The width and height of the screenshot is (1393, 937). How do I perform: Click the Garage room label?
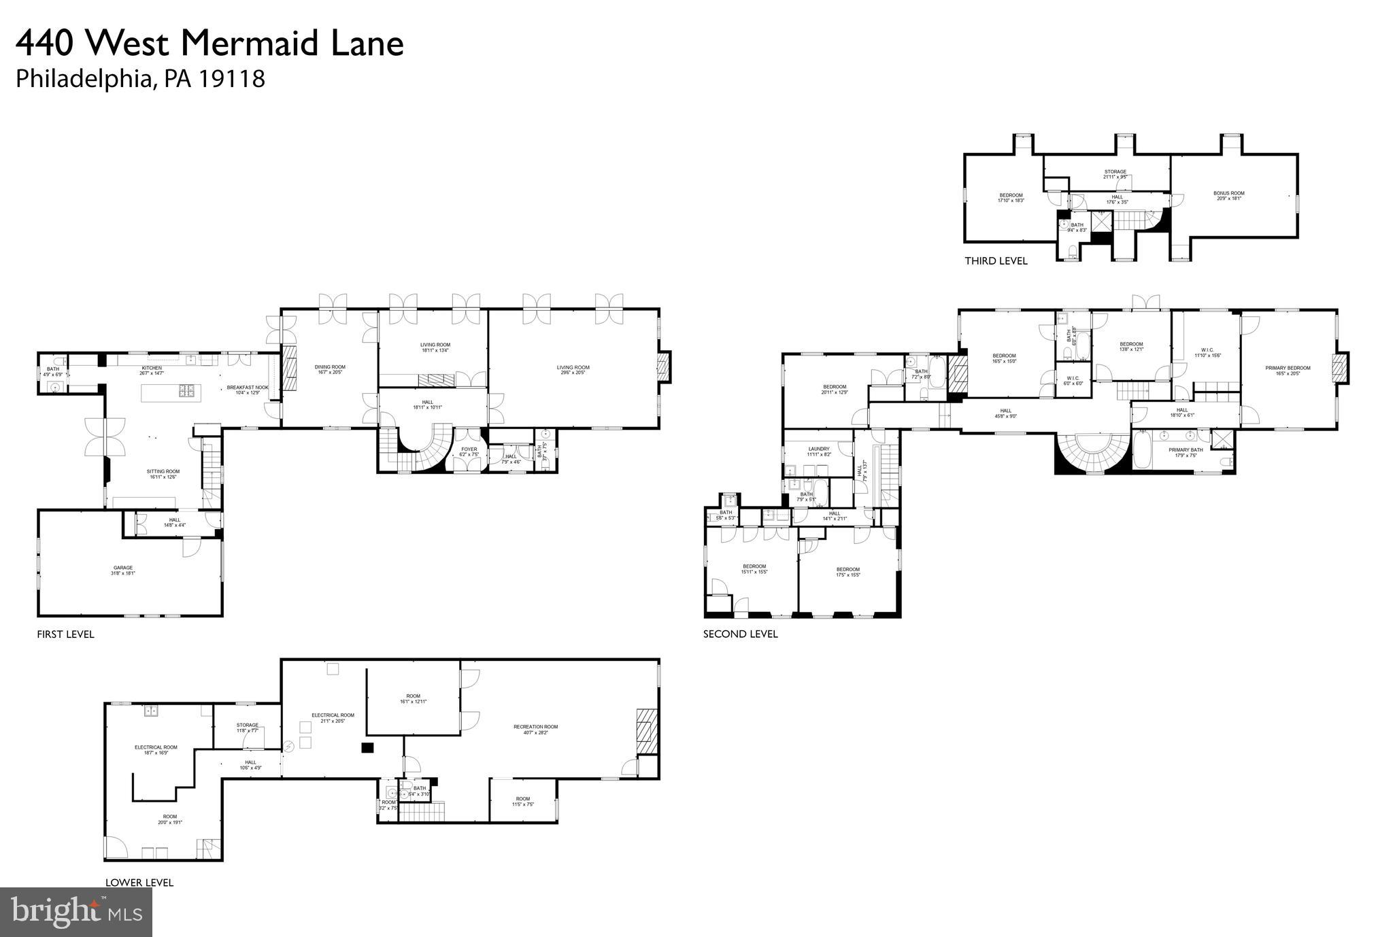pos(123,568)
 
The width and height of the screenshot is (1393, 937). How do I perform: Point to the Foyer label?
pos(469,449)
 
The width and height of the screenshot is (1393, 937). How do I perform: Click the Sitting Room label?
pos(163,471)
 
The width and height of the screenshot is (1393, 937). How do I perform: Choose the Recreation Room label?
pos(535,727)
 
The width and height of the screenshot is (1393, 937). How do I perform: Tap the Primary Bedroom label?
pos(1288,368)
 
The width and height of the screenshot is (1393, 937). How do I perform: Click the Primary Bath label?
pos(1186,450)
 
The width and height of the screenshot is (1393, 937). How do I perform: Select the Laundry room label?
pos(819,449)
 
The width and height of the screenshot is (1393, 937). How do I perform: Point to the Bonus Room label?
pos(1229,193)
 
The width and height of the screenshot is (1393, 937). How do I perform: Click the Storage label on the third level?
pos(1115,171)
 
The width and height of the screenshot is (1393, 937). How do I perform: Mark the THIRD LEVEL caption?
pos(996,261)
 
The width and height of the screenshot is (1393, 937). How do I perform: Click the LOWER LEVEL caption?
pos(139,883)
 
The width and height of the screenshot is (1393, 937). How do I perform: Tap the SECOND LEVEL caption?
pos(740,634)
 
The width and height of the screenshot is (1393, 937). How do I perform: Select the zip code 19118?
pos(232,79)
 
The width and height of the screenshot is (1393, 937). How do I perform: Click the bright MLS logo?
pos(75,911)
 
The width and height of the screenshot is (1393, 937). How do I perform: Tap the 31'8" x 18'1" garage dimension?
pos(123,574)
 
